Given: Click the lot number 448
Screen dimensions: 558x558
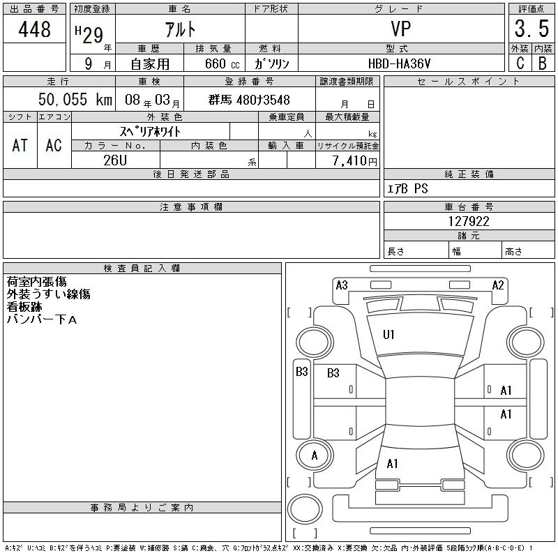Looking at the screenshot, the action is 34,29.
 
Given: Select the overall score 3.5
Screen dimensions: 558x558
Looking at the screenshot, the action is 531,29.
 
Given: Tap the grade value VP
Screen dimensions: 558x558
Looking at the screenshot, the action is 401,29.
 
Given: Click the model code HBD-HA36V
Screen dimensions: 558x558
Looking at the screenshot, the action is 399,63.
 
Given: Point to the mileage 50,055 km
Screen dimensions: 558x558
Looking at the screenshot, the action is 75,99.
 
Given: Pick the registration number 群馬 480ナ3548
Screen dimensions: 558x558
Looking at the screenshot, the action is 249,100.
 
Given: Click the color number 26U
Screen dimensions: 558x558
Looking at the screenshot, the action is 115,160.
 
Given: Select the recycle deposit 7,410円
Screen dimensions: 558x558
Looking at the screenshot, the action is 354,161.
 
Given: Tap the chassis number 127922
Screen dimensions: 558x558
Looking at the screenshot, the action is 469,221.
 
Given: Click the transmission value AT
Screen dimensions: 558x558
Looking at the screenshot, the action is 20,145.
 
